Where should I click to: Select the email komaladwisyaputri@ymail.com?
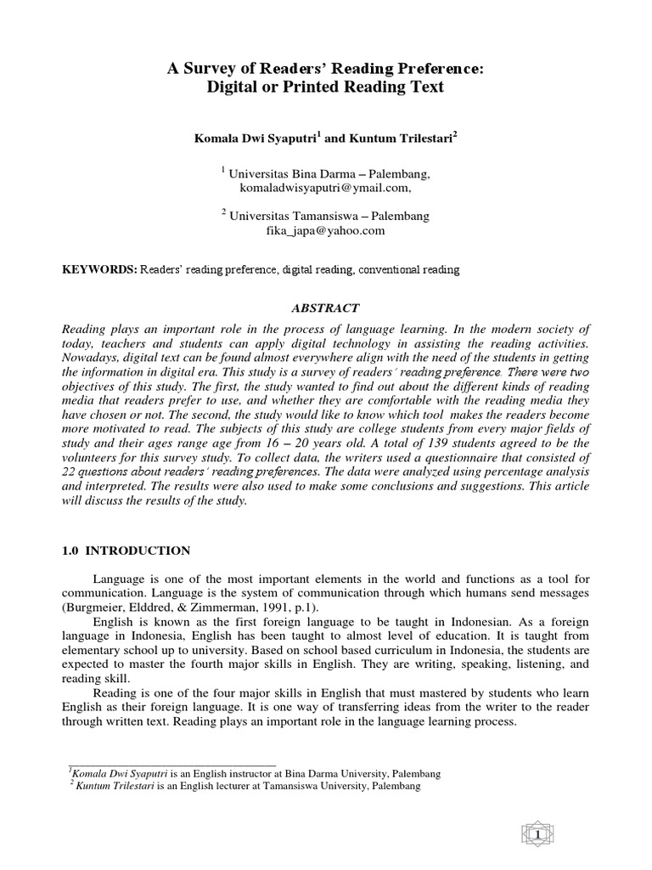pyautogui.click(x=325, y=189)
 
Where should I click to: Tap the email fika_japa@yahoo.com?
pyautogui.click(x=326, y=230)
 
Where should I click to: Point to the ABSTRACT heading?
pyautogui.click(x=326, y=308)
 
